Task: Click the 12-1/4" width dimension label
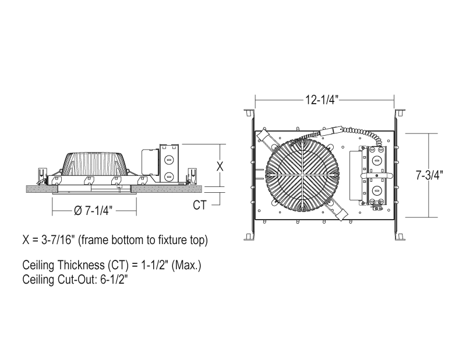(322, 100)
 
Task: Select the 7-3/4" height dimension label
(429, 175)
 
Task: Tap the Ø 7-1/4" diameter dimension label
(93, 210)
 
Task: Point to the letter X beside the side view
(220, 167)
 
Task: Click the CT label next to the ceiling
(199, 205)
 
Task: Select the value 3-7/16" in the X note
(57, 240)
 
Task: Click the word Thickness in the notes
(81, 265)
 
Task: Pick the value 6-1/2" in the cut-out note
(114, 280)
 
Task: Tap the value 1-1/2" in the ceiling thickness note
(154, 265)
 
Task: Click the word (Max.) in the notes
(186, 265)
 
